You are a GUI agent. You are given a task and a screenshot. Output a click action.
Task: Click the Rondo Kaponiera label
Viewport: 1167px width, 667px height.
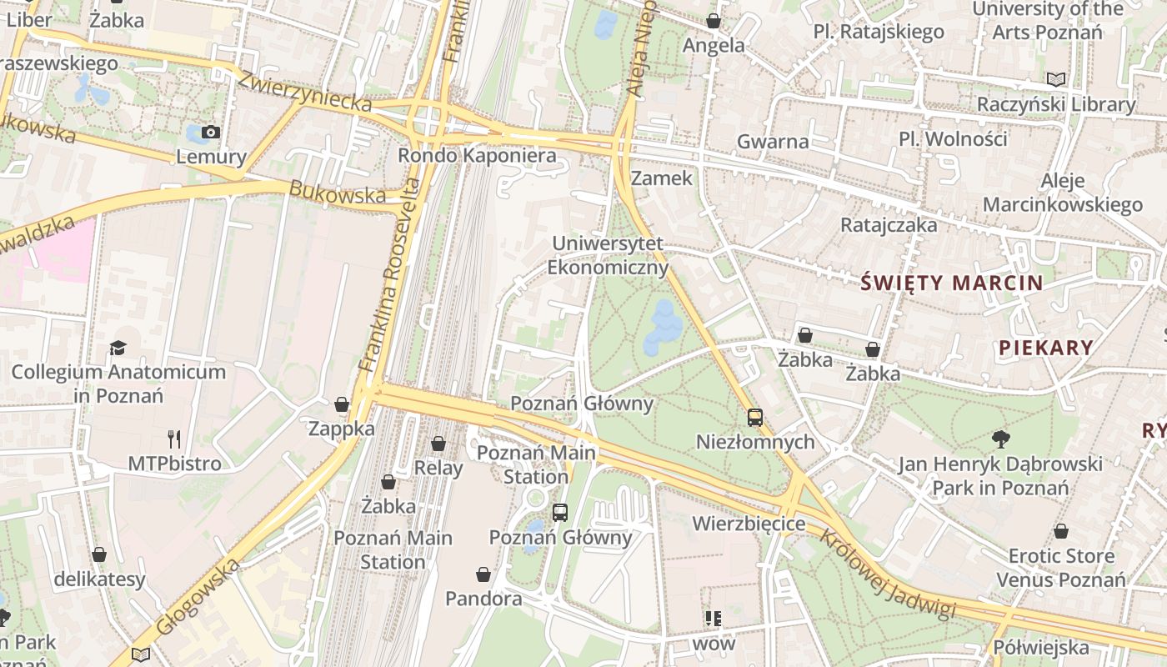coord(477,155)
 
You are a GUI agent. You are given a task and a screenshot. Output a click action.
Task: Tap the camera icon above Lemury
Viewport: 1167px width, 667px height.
coord(211,132)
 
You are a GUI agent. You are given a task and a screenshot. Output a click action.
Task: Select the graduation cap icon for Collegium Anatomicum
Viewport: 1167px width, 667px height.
coord(118,348)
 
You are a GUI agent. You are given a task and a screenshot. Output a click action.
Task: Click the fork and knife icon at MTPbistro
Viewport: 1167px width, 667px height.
coord(174,439)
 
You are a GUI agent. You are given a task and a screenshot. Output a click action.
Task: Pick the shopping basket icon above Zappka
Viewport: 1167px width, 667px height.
coord(342,405)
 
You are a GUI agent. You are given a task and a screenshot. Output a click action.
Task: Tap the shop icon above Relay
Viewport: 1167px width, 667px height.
coord(438,444)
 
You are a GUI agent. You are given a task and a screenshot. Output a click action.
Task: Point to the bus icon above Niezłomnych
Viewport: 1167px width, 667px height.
coord(755,418)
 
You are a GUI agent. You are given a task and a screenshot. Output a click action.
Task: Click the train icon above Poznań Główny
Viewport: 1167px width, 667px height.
coord(560,512)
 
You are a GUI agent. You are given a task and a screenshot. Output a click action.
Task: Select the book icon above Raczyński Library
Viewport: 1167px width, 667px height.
coord(1056,80)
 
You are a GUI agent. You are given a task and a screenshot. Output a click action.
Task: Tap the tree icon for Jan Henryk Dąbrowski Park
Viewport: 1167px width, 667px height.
coord(1000,439)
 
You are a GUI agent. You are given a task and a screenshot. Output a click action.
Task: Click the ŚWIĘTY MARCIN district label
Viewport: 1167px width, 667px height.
coord(951,283)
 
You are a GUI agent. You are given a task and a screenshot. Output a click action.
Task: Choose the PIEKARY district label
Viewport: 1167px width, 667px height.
coord(1045,348)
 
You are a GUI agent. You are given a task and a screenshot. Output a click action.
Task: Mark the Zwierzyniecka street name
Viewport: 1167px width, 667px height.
coord(304,91)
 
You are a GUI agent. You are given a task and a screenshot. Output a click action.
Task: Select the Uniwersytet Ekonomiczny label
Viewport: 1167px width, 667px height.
coord(608,255)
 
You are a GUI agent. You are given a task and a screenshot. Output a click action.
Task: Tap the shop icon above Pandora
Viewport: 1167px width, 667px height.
coord(483,574)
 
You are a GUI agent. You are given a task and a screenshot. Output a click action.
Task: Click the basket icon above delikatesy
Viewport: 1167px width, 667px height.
coord(99,554)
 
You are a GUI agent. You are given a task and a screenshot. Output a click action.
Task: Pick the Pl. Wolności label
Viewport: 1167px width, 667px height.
coord(953,138)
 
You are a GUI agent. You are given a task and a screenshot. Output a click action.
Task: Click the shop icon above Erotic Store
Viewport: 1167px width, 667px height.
coord(1061,531)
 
